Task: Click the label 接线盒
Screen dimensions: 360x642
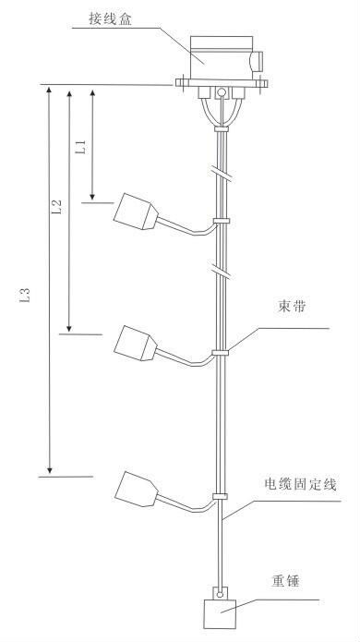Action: pyautogui.click(x=111, y=19)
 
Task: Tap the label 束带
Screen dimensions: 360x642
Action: pyautogui.click(x=292, y=307)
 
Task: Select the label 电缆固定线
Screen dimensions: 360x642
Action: pyautogui.click(x=301, y=484)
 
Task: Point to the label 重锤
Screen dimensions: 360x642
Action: pyautogui.click(x=284, y=581)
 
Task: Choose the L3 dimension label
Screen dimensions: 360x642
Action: pyautogui.click(x=25, y=295)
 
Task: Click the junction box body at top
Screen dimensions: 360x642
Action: pyautogui.click(x=222, y=57)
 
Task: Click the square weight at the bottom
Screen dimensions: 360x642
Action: pyautogui.click(x=220, y=614)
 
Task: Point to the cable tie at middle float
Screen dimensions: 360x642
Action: pyautogui.click(x=221, y=352)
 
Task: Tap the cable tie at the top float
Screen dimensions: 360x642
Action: pyautogui.click(x=222, y=221)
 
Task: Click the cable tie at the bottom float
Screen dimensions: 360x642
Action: pyautogui.click(x=220, y=496)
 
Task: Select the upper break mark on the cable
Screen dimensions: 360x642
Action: pyautogui.click(x=222, y=173)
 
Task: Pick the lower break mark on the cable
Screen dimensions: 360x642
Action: pyautogui.click(x=222, y=272)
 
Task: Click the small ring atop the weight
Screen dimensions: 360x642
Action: pyautogui.click(x=222, y=593)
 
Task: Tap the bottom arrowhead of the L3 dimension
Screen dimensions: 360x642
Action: pyautogui.click(x=50, y=469)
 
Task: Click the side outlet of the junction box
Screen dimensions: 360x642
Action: pyautogui.click(x=257, y=61)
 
